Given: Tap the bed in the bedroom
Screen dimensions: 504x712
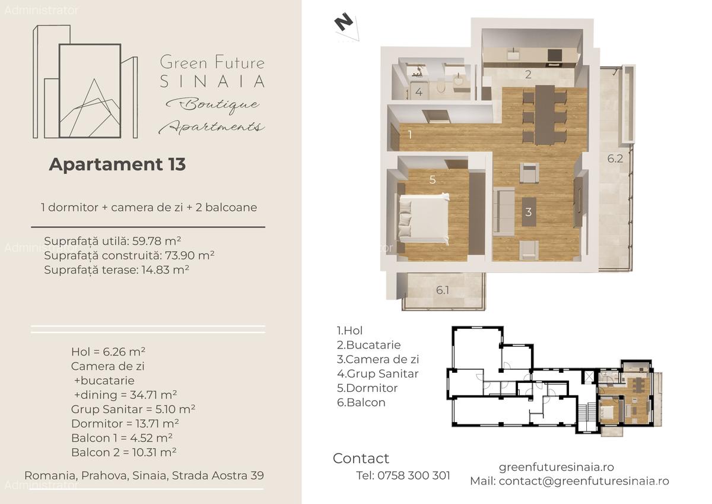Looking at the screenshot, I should point(424,220).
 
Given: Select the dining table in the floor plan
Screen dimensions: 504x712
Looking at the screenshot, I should point(544,115).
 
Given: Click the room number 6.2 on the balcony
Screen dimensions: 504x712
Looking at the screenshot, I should point(615,159).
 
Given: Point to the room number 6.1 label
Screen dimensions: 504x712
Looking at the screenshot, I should point(443,290).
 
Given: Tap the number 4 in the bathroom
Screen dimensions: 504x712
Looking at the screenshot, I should point(419,92).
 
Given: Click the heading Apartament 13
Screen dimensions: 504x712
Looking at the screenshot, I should point(117,164).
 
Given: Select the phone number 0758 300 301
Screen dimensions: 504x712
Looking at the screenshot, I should point(413,476).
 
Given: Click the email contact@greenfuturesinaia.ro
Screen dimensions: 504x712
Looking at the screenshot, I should point(583,481).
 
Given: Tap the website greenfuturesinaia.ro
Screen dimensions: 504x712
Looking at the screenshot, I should point(556,467).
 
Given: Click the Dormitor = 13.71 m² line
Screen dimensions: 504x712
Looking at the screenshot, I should point(125,424).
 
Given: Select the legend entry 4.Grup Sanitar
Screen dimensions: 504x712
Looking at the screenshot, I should point(377,374).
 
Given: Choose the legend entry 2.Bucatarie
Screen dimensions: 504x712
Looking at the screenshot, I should point(368,345).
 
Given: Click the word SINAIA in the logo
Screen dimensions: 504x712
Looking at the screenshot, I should point(212,81).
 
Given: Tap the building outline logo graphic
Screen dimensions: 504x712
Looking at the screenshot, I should point(85,83).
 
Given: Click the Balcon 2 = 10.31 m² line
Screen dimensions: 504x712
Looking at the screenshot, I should point(123,452).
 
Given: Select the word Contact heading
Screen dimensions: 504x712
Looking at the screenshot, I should point(361,458).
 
